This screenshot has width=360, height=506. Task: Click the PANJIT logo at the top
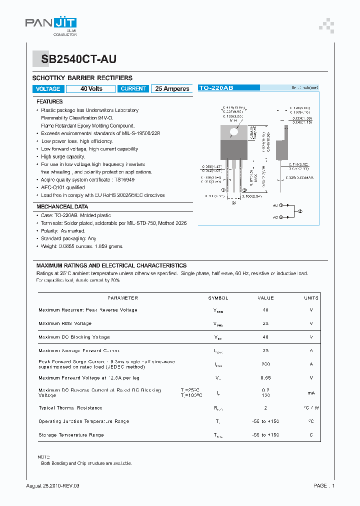pos(51,23)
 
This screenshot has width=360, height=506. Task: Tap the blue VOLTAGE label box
pos(48,88)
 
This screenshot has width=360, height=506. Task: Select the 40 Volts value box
pos(91,88)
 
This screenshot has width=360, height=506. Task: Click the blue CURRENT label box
pos(133,88)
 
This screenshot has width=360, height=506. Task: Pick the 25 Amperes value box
pos(172,88)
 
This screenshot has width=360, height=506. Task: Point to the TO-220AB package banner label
pos(216,88)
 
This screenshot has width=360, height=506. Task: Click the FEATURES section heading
pos(49,101)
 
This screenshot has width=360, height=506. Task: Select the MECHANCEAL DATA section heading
pos(62,206)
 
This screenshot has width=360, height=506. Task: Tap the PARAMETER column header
pos(122,298)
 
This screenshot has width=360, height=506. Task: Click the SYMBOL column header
pos(218,298)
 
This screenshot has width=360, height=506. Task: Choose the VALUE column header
pos(265,298)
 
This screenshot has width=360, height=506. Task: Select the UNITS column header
pos(311,298)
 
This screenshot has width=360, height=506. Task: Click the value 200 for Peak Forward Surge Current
pos(265,364)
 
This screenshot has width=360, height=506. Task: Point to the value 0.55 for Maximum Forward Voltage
pos(265,377)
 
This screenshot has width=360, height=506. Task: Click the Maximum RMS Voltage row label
pos(65,323)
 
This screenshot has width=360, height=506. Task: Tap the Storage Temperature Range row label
pos(71,435)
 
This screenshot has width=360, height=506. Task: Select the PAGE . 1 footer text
pos(324,485)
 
